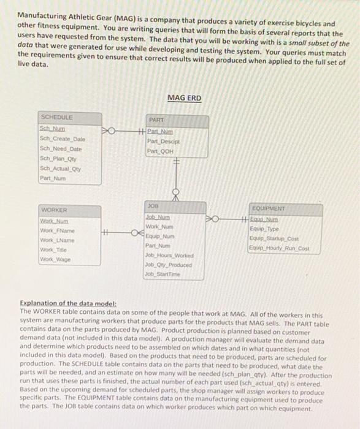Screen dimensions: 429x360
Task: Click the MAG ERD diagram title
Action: pyautogui.click(x=183, y=98)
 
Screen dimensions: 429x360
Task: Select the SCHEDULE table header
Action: pyautogui.click(x=56, y=116)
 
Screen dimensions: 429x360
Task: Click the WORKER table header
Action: pyautogui.click(x=54, y=210)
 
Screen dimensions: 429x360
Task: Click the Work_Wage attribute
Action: pyautogui.click(x=55, y=259)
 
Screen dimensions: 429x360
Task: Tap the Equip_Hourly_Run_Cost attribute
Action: pyautogui.click(x=293, y=248)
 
